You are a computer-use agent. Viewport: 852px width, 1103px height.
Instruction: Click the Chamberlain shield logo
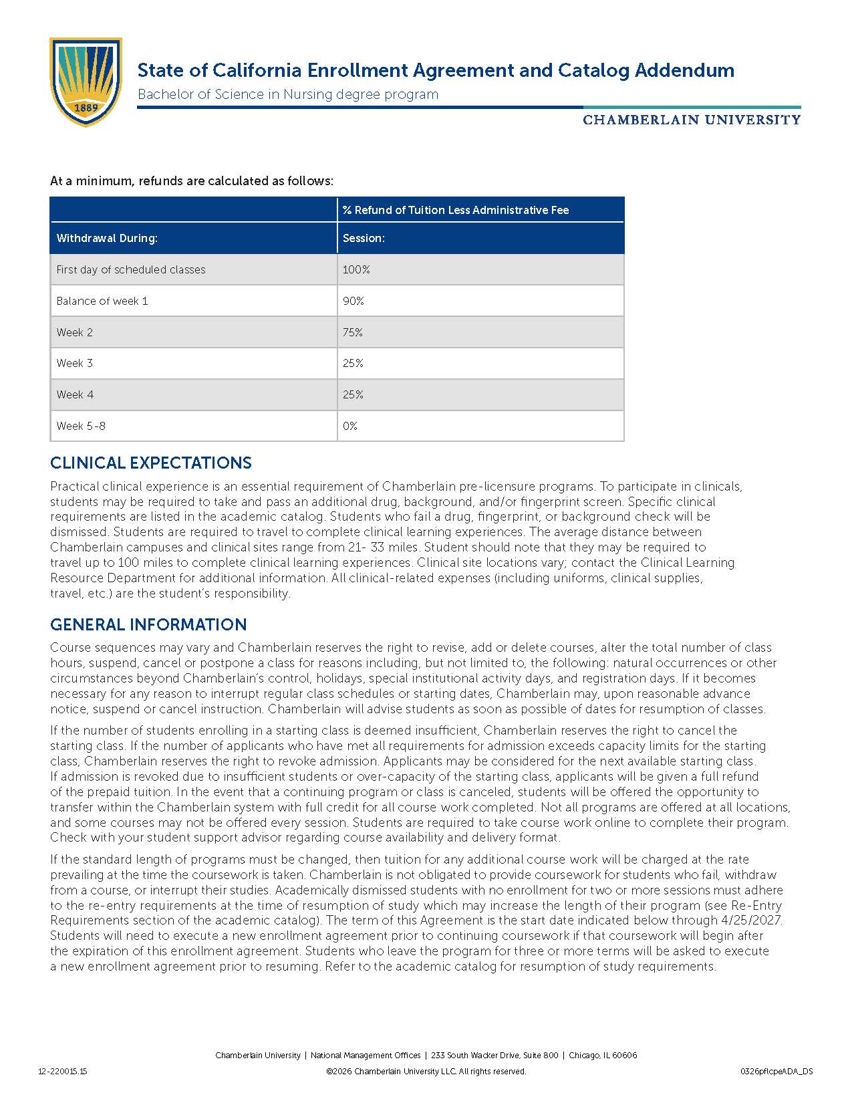pos(86,82)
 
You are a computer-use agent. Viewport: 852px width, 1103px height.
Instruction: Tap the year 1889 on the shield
pos(86,108)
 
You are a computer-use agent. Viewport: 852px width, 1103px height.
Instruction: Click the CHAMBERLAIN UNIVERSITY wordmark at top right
pos(692,120)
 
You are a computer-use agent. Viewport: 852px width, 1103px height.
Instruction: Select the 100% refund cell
pos(356,269)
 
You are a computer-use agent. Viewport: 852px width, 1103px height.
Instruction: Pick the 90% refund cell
pos(353,301)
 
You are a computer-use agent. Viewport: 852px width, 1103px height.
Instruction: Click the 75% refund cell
pos(353,332)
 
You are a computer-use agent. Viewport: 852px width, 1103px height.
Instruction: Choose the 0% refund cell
pos(350,426)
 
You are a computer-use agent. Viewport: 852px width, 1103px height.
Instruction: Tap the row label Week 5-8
pos(81,426)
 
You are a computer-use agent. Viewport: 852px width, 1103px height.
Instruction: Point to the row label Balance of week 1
pos(102,301)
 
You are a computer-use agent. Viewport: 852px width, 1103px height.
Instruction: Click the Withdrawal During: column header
pos(107,238)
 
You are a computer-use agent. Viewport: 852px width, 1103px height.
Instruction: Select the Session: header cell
pos(364,238)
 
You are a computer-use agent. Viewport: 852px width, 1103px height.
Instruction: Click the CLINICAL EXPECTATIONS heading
pos(151,463)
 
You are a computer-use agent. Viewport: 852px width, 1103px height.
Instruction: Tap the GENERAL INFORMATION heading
pos(148,624)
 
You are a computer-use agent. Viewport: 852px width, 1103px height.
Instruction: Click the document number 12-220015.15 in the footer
pos(63,1072)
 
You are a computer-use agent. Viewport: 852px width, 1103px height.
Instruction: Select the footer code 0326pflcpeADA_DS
pos(776,1072)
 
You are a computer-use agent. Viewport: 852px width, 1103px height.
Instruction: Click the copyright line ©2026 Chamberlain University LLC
pos(426,1072)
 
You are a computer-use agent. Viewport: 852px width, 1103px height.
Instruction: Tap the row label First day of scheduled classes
pos(131,269)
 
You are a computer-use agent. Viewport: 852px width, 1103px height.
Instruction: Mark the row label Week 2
pos(75,332)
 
